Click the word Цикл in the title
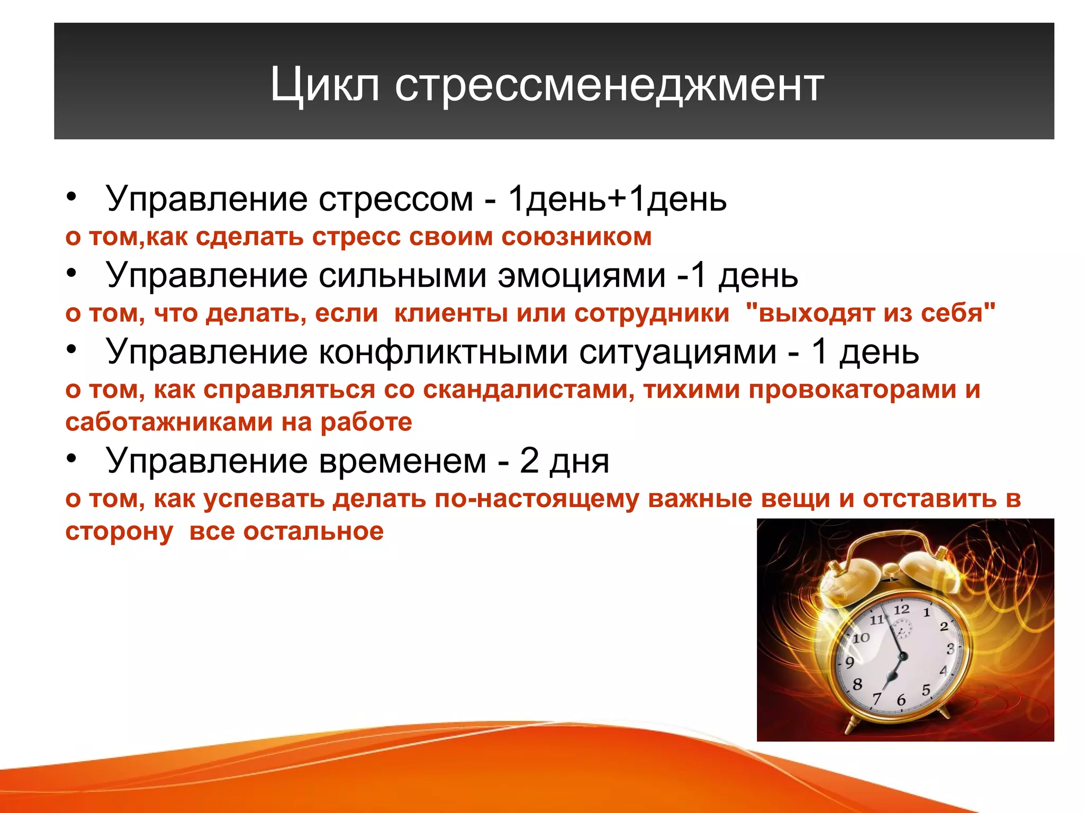click(324, 85)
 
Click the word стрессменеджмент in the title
click(609, 85)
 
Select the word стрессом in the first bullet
click(395, 200)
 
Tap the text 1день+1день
click(617, 200)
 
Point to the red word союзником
click(576, 237)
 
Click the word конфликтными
click(442, 352)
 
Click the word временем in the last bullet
click(403, 461)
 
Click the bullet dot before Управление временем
click(72, 458)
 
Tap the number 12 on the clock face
click(901, 609)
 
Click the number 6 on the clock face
click(901, 700)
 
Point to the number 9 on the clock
click(850, 662)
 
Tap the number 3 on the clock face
click(950, 648)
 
